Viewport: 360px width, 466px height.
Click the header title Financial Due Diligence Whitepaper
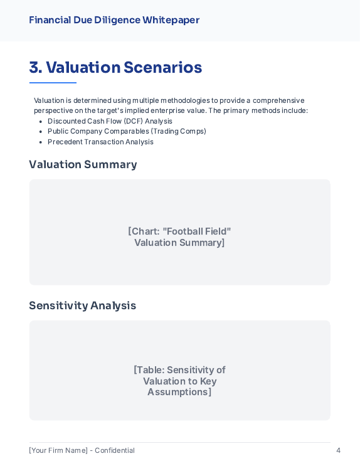[114, 20]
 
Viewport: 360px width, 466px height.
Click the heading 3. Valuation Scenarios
[115, 67]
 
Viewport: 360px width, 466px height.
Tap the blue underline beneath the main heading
[53, 83]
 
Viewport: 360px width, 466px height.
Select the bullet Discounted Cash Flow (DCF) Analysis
[110, 121]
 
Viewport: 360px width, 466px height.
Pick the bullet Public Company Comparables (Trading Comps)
[127, 131]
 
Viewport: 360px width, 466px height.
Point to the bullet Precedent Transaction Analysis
[100, 142]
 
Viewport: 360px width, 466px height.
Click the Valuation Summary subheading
[83, 164]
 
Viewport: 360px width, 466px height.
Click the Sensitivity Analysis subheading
[82, 305]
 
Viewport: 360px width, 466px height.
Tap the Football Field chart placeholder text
[179, 237]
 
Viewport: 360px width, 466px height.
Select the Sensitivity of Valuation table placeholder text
[179, 381]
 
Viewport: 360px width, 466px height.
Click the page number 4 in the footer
[338, 450]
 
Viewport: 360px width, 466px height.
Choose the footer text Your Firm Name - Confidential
[82, 450]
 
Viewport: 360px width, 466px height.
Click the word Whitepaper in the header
[171, 20]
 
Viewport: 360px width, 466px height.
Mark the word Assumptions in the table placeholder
[179, 392]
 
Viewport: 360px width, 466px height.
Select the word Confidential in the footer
[115, 450]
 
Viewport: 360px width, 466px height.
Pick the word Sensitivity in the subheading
[58, 305]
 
